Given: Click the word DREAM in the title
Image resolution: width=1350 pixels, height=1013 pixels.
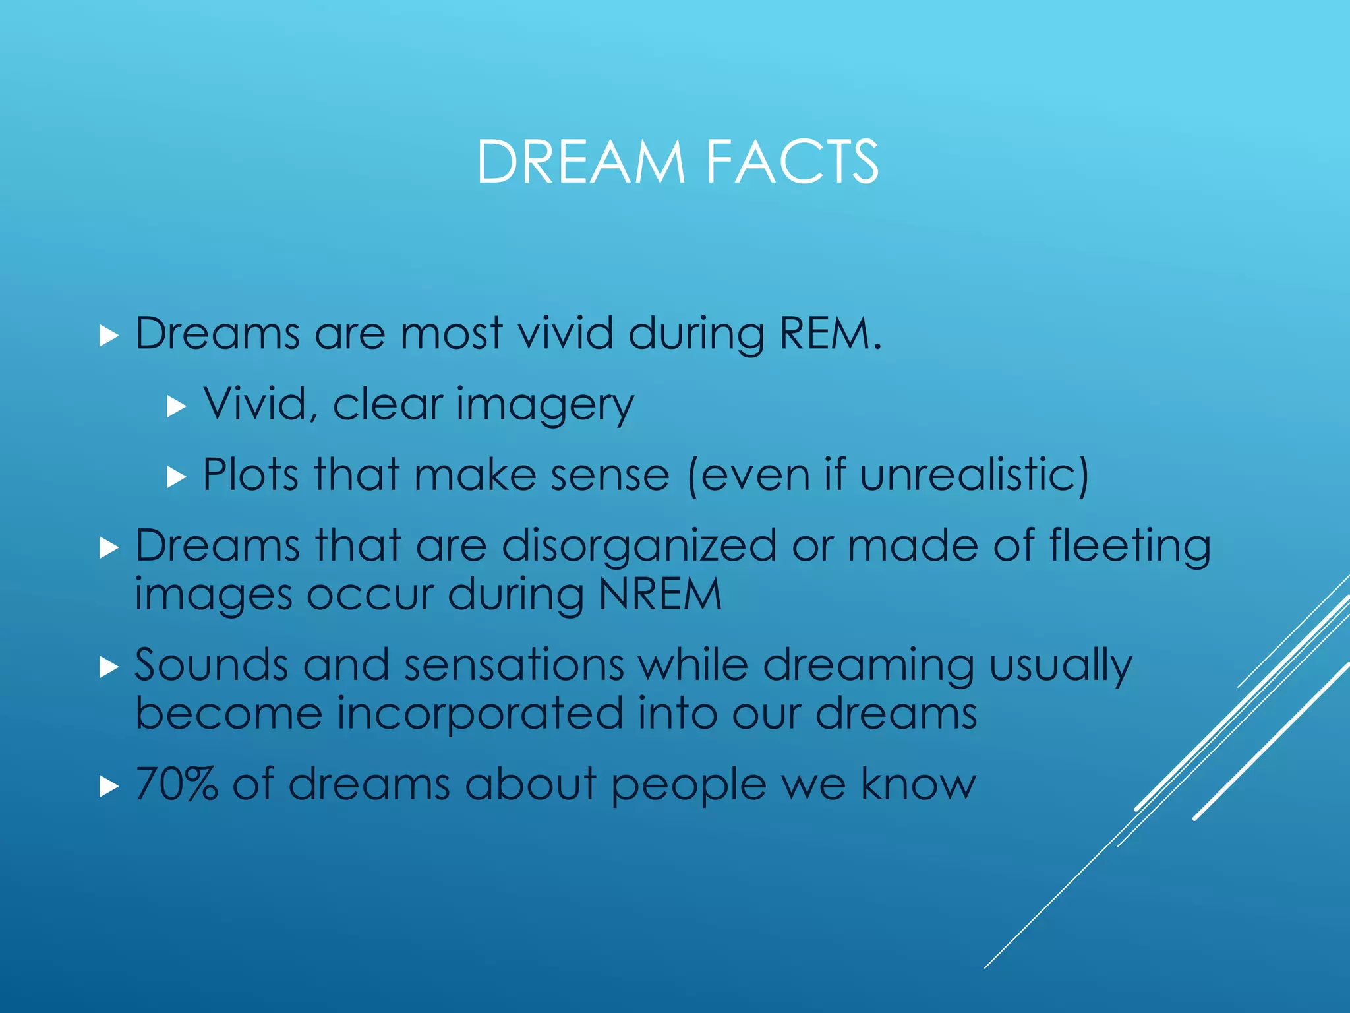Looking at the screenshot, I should [x=580, y=162].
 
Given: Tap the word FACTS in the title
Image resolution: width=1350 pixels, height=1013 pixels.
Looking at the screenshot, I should [x=792, y=162].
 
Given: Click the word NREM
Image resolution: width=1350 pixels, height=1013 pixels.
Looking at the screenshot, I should [x=660, y=595].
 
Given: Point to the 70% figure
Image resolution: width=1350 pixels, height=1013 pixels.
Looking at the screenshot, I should [x=177, y=784].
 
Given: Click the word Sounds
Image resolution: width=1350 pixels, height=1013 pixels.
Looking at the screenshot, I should [x=211, y=665].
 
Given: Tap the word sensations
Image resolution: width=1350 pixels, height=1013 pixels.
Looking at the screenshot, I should [x=514, y=665].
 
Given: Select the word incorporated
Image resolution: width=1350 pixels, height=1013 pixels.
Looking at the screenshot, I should [x=480, y=714].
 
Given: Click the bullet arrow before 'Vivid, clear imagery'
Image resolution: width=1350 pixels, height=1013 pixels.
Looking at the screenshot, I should [x=177, y=406].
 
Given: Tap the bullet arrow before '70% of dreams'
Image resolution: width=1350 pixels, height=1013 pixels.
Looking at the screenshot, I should [x=109, y=786].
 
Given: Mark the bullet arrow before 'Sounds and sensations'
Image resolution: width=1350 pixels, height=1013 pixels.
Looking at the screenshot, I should [x=109, y=667].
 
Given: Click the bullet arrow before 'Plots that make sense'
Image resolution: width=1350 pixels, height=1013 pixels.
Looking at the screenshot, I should [x=177, y=476].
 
